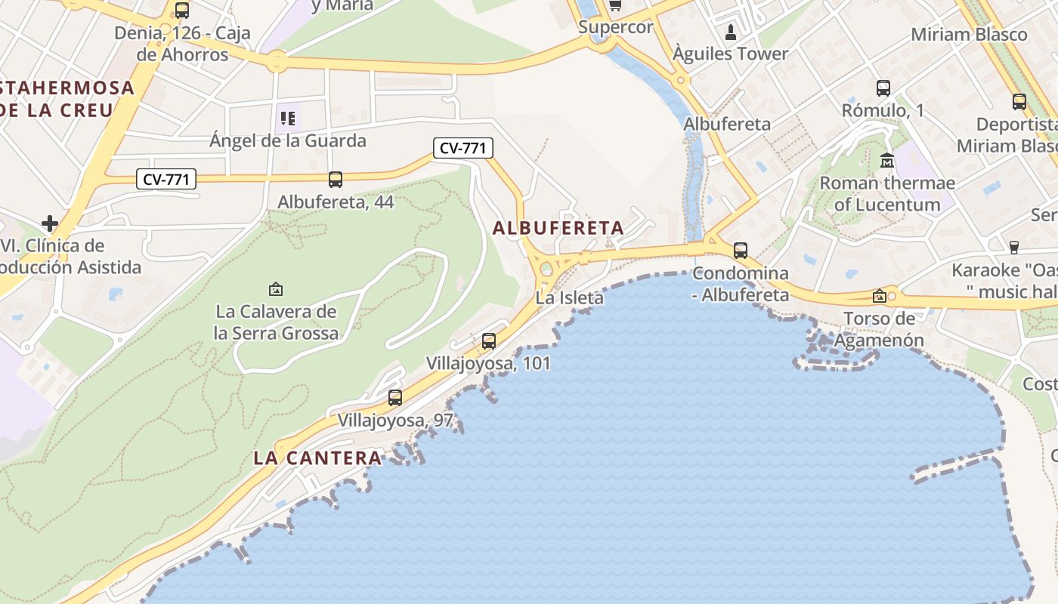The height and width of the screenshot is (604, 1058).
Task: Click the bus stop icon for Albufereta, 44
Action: point(336,180)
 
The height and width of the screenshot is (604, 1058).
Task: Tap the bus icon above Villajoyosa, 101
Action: point(489,341)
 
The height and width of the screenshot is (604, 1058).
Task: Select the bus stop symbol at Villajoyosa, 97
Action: point(394,398)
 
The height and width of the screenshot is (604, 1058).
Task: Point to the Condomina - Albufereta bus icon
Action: point(741,251)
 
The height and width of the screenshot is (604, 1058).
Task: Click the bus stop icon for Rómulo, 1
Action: point(883,88)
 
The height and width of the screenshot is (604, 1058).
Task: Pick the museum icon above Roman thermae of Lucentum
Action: point(887,161)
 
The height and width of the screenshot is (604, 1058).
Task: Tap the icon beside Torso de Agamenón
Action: point(879,297)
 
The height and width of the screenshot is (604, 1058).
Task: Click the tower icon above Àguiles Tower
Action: point(730,32)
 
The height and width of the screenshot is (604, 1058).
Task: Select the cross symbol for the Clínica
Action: point(50,223)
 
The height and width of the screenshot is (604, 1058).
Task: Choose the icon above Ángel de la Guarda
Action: point(288,119)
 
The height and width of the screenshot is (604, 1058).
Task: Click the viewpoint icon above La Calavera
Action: point(276,288)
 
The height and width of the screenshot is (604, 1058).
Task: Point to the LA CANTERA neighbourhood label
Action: point(317,458)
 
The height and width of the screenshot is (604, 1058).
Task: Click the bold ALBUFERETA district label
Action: point(558,227)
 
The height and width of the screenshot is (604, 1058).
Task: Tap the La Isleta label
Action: point(570,297)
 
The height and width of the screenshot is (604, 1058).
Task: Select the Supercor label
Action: point(615,27)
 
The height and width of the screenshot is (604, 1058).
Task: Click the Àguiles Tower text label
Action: point(730,54)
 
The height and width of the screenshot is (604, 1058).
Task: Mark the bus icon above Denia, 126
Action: point(181,11)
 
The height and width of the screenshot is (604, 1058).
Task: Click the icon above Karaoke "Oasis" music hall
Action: point(1014,247)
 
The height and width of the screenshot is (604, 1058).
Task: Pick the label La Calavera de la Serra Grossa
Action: point(276,322)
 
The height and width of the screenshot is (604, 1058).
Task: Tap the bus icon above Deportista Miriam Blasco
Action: point(1019,102)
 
